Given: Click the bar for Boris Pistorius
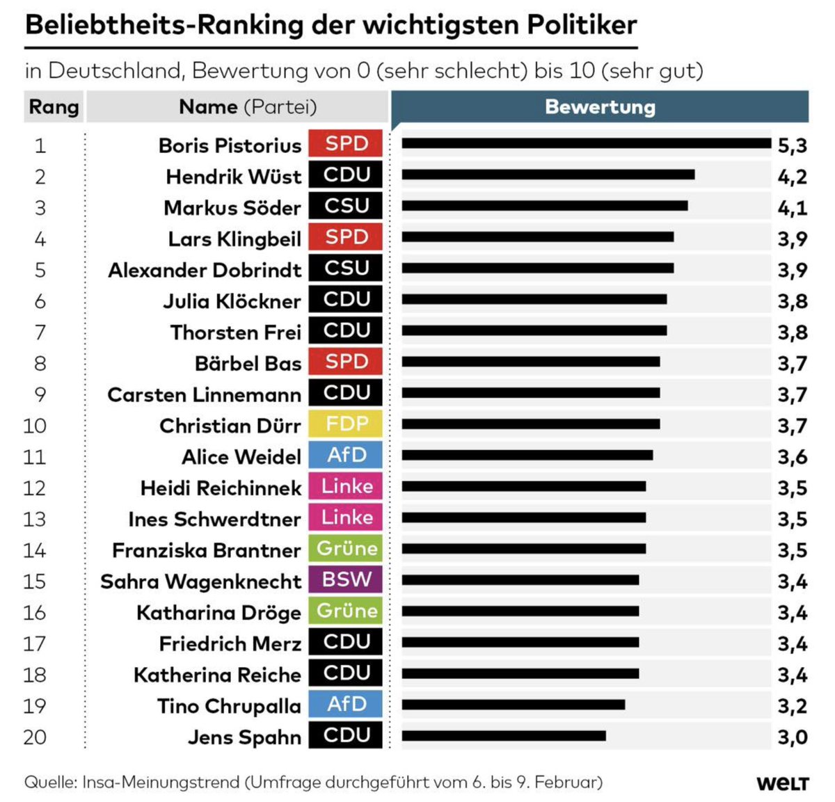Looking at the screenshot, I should pyautogui.click(x=586, y=143).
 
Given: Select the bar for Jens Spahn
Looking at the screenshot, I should pyautogui.click(x=503, y=735).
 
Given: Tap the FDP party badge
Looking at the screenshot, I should pyautogui.click(x=346, y=424).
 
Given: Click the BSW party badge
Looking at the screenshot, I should pyautogui.click(x=346, y=579).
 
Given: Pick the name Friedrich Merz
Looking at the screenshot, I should pyautogui.click(x=230, y=643).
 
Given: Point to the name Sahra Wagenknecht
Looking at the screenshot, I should pyautogui.click(x=200, y=581).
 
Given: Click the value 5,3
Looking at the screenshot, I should pyautogui.click(x=792, y=145).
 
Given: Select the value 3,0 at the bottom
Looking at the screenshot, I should pyautogui.click(x=792, y=737).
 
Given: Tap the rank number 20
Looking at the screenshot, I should pyautogui.click(x=35, y=737).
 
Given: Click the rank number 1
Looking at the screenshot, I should pyautogui.click(x=40, y=145).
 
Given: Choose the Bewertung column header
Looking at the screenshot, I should pyautogui.click(x=600, y=107).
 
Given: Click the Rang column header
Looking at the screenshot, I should pyautogui.click(x=54, y=107).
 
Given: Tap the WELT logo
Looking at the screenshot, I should pyautogui.click(x=782, y=783).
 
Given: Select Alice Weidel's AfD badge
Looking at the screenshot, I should pyautogui.click(x=346, y=455).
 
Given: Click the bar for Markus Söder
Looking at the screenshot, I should pyautogui.click(x=544, y=206).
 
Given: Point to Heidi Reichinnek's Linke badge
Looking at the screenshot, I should pyautogui.click(x=346, y=486).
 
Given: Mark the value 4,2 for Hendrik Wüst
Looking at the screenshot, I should pyautogui.click(x=792, y=177).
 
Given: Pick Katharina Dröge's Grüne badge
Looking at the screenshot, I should pyautogui.click(x=346, y=611).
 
